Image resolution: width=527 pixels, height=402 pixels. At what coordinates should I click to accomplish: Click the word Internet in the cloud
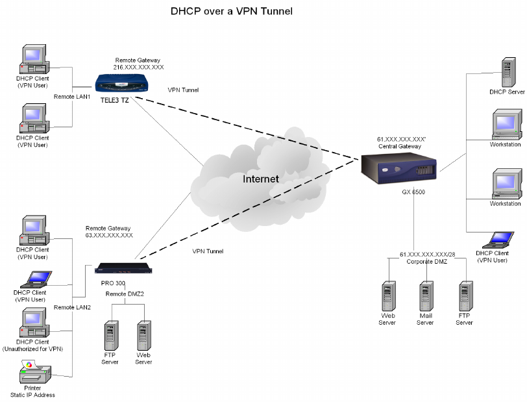(261, 179)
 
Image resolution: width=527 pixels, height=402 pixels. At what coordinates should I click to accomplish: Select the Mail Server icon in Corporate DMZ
(426, 295)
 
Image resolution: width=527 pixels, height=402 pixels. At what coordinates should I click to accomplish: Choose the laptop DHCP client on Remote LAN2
(34, 278)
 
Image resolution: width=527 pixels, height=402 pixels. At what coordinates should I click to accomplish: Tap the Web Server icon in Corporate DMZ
(387, 295)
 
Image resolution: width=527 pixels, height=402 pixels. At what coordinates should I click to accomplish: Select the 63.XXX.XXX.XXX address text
(108, 236)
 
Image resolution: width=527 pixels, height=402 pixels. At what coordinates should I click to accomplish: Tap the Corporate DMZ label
(426, 261)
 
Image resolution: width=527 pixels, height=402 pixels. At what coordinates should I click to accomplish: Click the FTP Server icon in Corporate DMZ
(465, 295)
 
